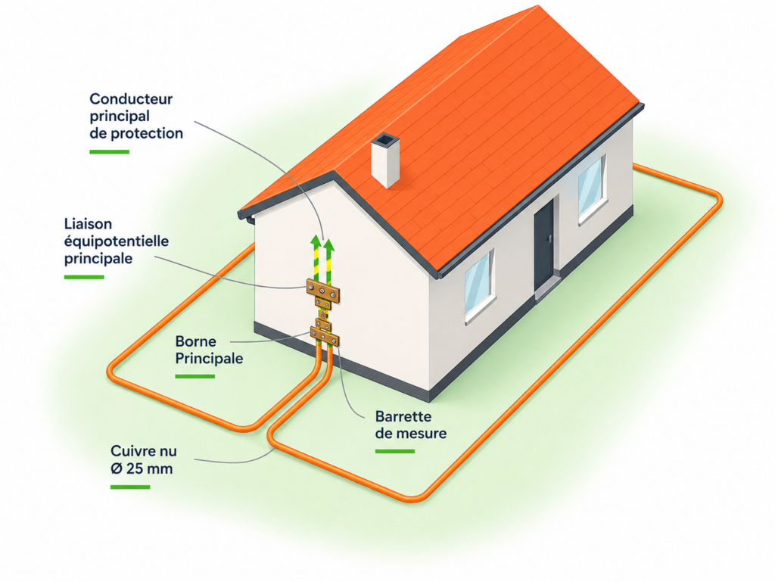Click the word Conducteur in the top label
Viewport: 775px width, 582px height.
131,99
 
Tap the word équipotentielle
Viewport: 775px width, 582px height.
117,241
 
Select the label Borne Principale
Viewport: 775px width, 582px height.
209,350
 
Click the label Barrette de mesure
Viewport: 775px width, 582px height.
411,425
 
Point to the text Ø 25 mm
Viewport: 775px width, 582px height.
142,468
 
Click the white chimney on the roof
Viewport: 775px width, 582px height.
385,160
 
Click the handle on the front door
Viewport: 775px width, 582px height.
549,239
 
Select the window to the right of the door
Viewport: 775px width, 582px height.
592,188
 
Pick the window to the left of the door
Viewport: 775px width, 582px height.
479,284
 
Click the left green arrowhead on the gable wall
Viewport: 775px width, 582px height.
315,241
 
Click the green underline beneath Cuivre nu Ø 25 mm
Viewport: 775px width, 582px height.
130,487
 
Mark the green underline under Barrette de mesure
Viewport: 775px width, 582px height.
395,451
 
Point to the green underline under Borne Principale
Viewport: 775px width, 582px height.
195,376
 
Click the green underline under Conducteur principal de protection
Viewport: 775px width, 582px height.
109,151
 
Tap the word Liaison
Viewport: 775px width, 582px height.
88,224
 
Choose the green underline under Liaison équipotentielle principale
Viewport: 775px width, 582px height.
84,277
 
